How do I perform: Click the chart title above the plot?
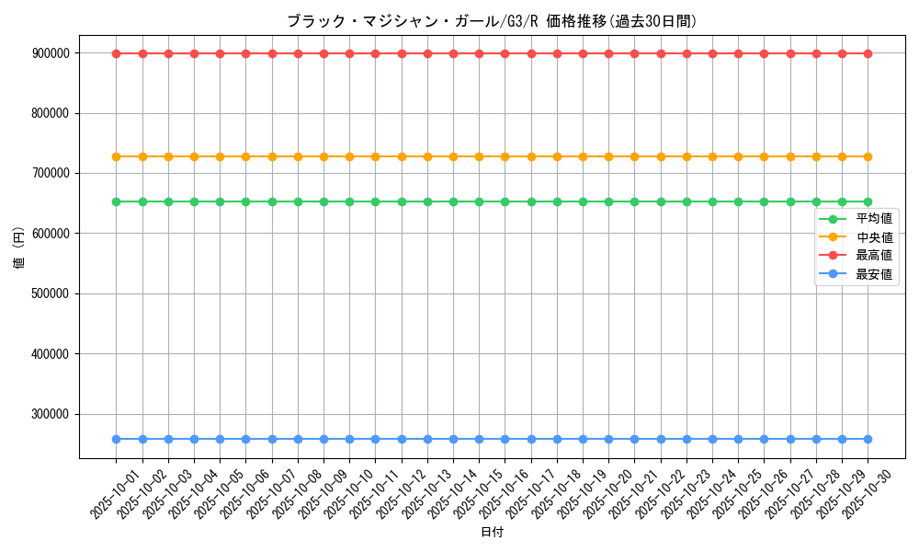(x=492, y=21)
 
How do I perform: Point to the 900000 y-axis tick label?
(x=51, y=53)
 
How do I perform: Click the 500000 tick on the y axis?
(x=51, y=293)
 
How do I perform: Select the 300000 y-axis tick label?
(x=51, y=414)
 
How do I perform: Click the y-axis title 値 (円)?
(x=19, y=248)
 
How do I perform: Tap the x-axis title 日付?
(x=492, y=532)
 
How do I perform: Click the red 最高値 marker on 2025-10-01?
(x=116, y=53)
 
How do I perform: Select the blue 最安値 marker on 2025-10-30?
(x=868, y=439)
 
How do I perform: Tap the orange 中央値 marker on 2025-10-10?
(x=349, y=156)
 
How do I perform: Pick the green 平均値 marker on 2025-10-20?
(x=608, y=201)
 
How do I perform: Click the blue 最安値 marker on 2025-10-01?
(x=116, y=439)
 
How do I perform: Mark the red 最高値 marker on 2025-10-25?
(x=738, y=53)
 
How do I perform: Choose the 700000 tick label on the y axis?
(x=51, y=173)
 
